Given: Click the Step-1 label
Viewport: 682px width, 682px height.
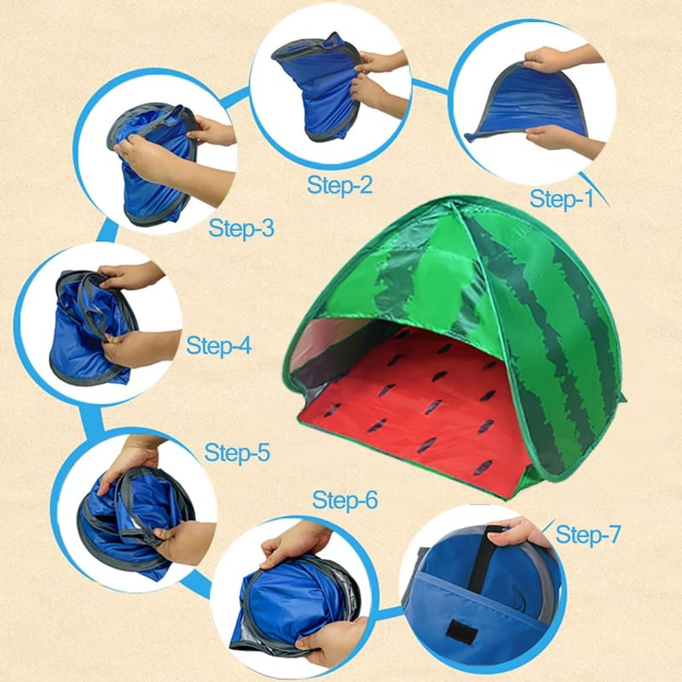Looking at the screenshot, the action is coord(561,199).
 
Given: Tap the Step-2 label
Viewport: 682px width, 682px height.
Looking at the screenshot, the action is coord(339,185).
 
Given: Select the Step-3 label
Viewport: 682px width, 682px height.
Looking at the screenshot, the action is coord(241,228).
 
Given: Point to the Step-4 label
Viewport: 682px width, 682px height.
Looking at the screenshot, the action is coord(219,346).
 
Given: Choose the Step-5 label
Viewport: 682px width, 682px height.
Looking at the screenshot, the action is coord(237,453).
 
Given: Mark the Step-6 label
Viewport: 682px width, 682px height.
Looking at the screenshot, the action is coord(345,500).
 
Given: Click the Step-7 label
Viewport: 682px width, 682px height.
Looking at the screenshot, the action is coord(587,535).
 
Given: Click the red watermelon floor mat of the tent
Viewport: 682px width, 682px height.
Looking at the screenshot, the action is coord(418,413).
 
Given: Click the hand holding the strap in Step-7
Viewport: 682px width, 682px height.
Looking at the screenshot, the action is coord(520,533).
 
